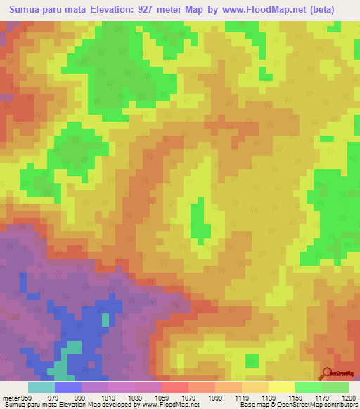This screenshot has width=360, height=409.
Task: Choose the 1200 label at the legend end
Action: (x=349, y=397)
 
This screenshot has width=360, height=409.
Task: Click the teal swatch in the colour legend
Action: (x=41, y=387)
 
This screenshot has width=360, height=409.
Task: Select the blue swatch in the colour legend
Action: (x=68, y=387)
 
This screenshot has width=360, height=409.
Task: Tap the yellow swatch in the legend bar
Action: (x=282, y=387)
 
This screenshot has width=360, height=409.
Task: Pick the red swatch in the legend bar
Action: (x=175, y=387)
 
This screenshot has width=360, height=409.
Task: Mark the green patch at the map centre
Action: (x=200, y=219)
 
